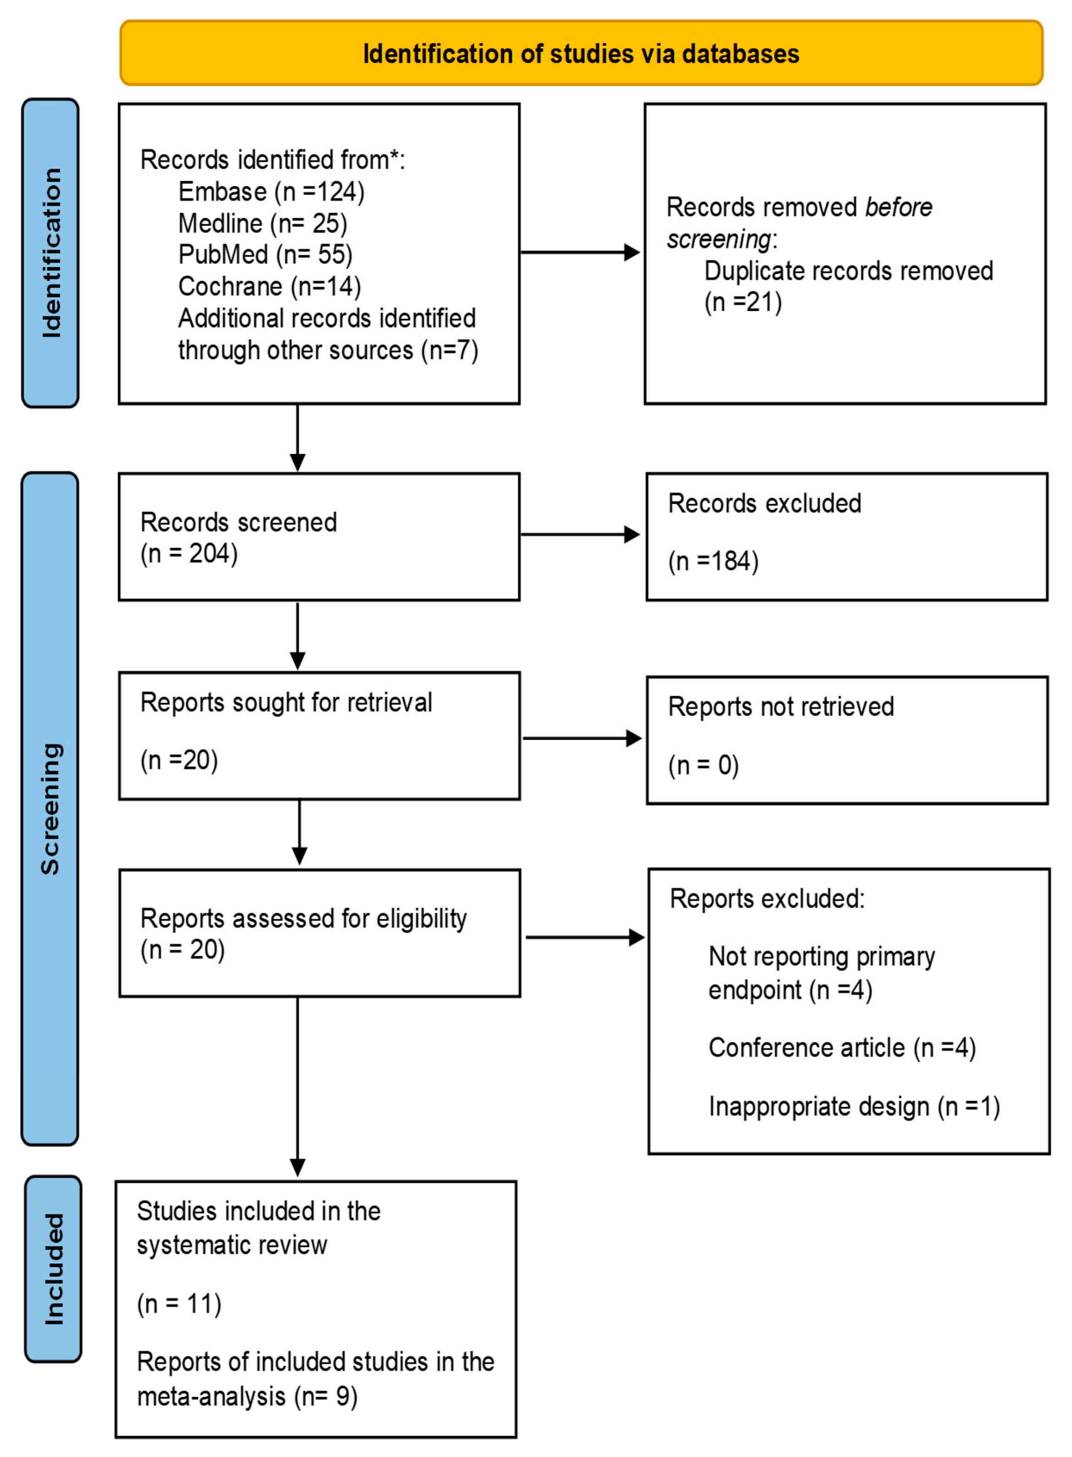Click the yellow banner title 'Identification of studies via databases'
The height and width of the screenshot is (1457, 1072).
(581, 54)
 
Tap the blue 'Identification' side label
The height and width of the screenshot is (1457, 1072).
(50, 253)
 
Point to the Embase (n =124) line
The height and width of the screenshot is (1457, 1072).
(271, 192)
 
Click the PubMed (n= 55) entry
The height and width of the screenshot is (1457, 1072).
(265, 254)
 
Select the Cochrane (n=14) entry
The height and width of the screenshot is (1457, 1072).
(269, 286)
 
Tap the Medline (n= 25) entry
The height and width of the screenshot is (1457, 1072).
(263, 223)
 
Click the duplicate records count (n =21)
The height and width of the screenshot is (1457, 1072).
(743, 302)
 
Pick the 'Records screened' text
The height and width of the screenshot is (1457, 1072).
(238, 522)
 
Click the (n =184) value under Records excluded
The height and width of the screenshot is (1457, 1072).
(713, 561)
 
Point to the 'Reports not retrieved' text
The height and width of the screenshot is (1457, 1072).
(781, 707)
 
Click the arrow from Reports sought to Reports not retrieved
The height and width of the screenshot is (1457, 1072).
(582, 738)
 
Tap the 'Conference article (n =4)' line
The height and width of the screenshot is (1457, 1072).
(841, 1048)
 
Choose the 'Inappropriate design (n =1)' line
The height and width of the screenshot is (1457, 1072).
(854, 1106)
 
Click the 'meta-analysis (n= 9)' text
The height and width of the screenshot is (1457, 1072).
(247, 1397)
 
